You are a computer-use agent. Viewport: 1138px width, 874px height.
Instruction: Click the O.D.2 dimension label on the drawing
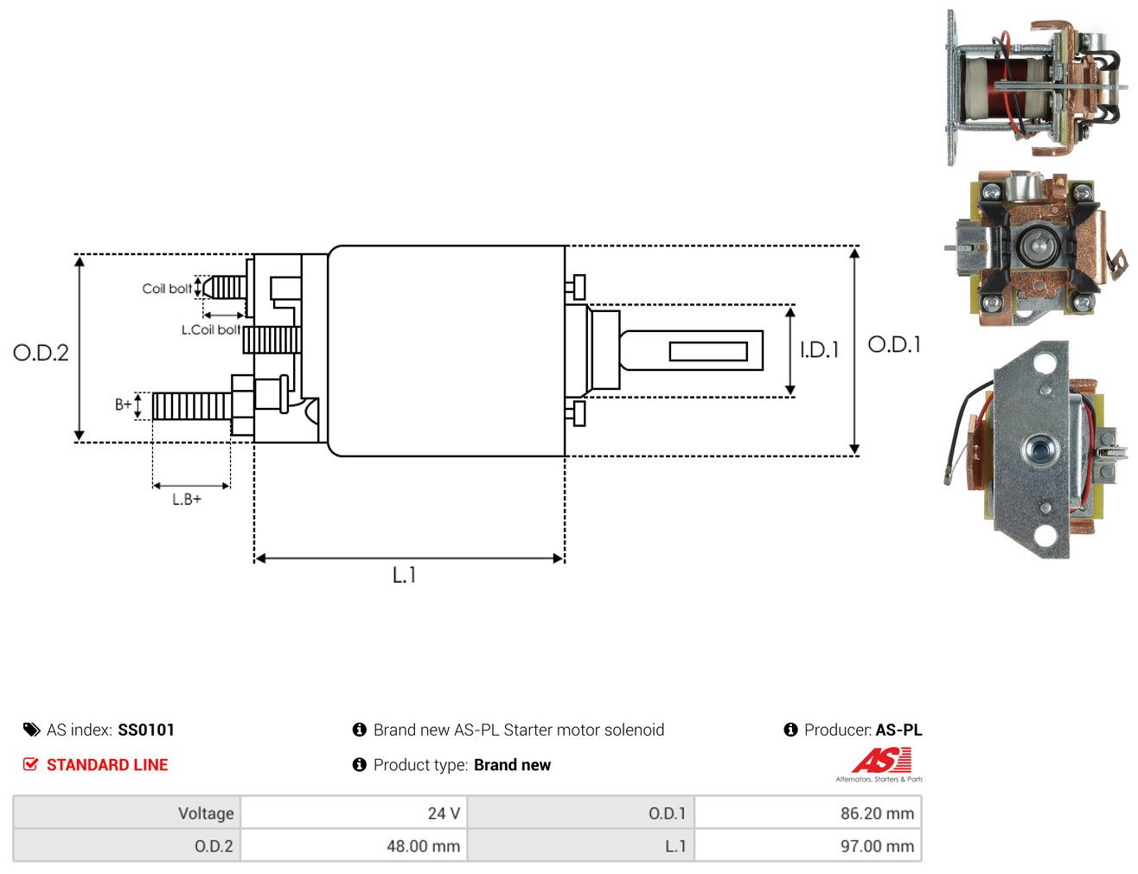tap(41, 353)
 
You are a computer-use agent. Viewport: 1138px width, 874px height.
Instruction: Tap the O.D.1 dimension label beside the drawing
tap(894, 344)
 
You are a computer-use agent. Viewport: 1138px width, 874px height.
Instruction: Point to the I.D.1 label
tap(820, 349)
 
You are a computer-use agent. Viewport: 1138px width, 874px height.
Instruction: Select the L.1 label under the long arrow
tap(405, 575)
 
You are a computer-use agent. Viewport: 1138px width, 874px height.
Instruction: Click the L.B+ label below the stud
tap(187, 500)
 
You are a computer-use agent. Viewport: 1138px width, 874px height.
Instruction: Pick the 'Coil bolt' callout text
tap(167, 289)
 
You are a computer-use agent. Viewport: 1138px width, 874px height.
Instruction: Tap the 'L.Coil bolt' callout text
tap(211, 329)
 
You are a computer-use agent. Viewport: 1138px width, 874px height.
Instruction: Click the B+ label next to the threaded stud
tap(124, 404)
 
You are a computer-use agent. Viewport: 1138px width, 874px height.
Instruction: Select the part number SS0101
tap(146, 730)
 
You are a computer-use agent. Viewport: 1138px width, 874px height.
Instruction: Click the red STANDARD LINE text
tap(107, 764)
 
